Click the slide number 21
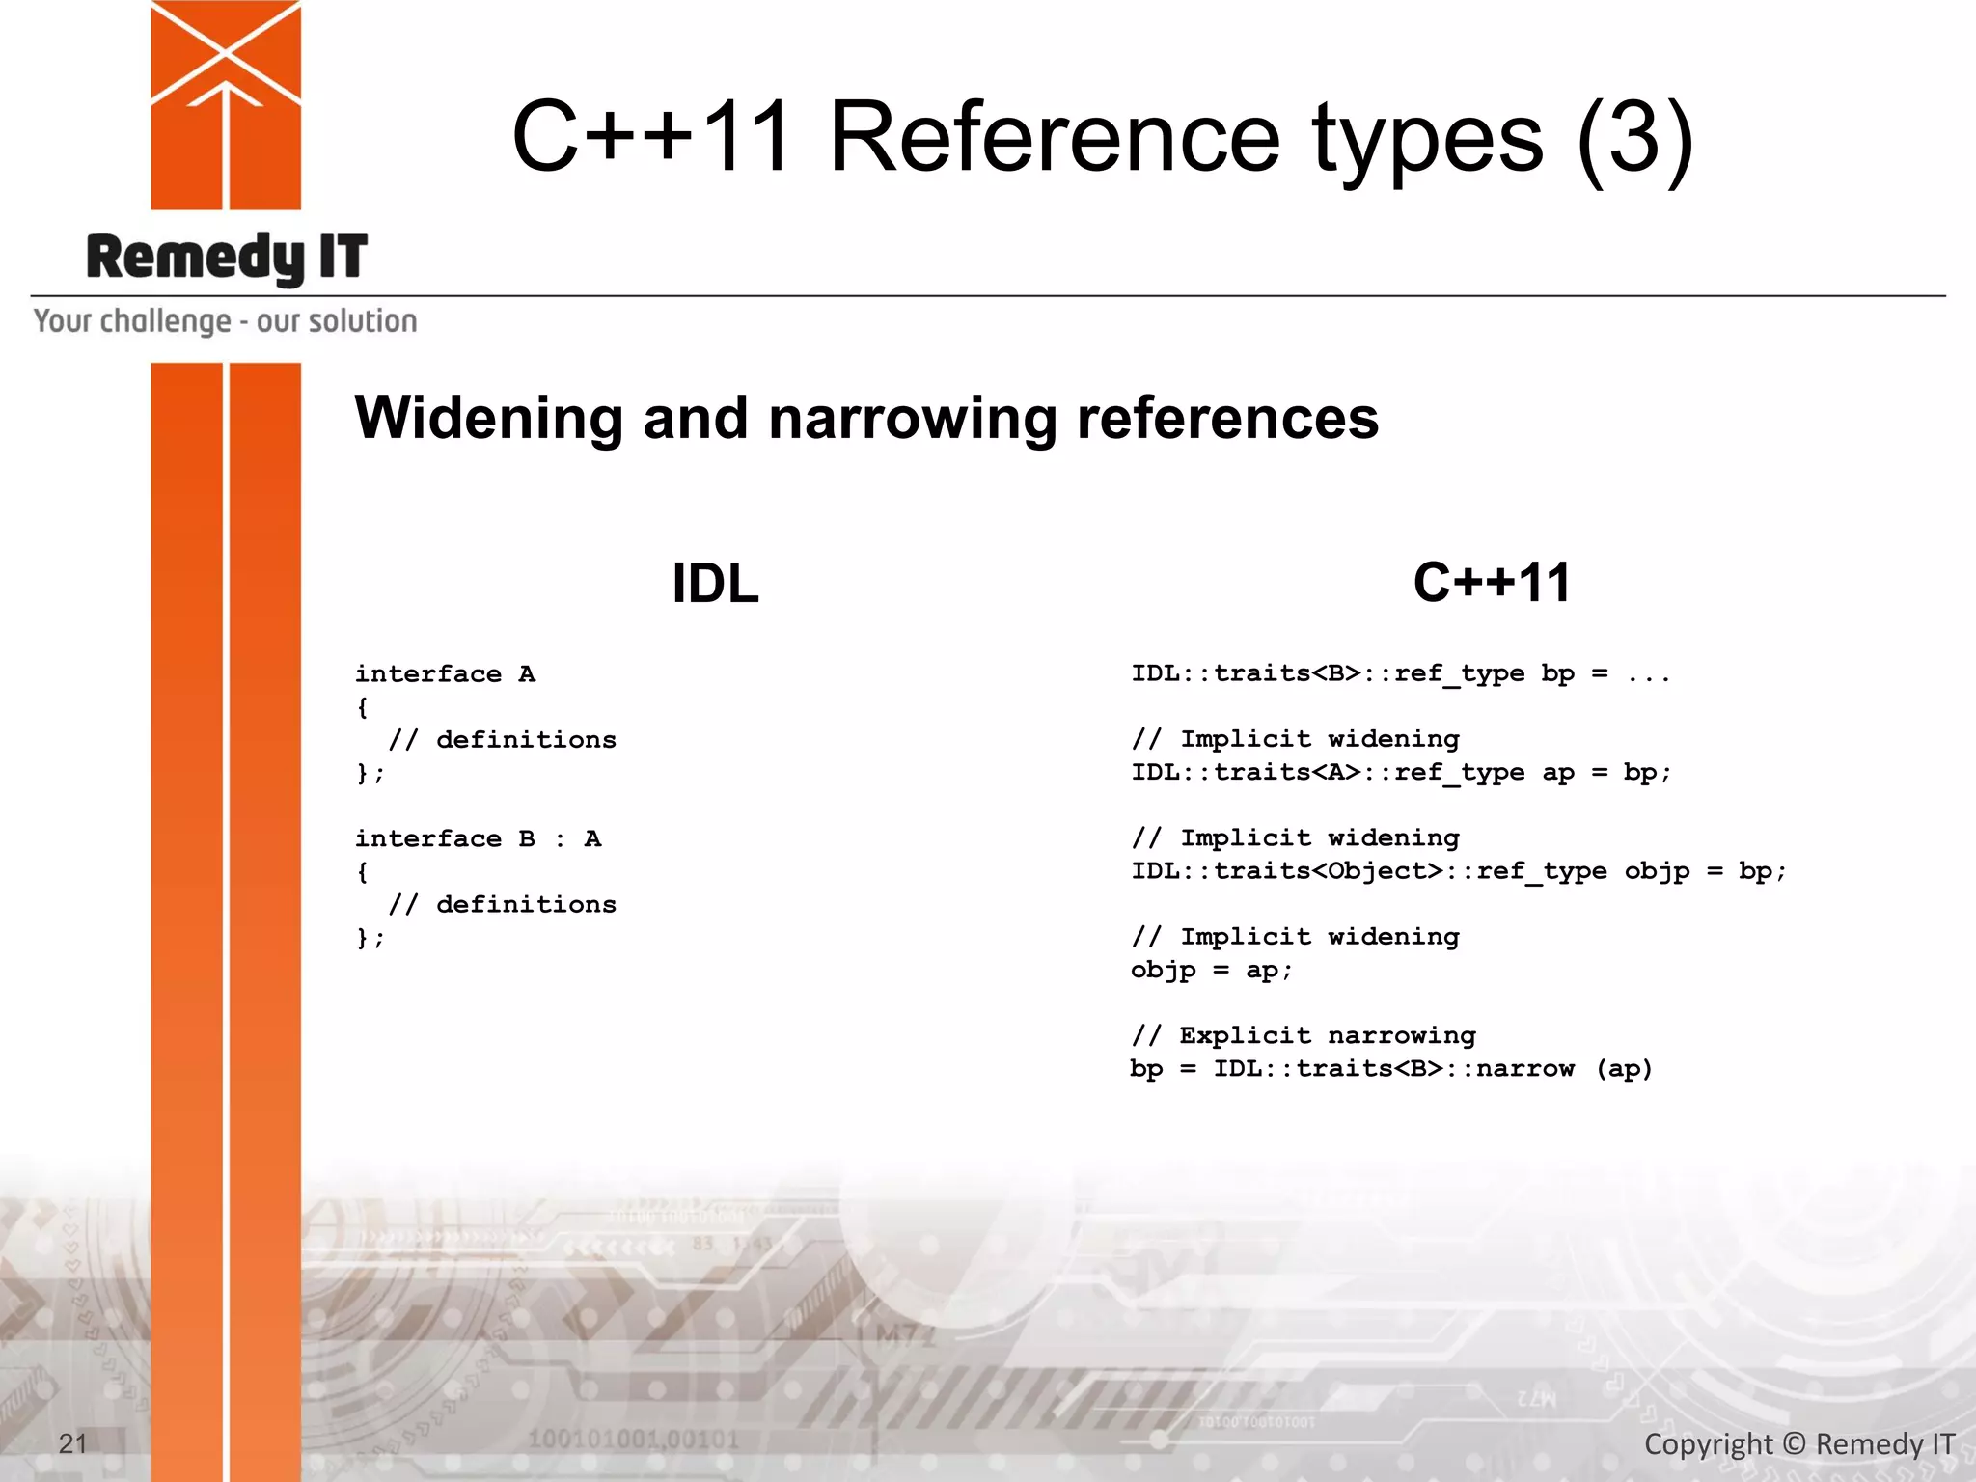pos(73,1443)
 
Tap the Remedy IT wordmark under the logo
pos(227,258)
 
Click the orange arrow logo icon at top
pos(226,104)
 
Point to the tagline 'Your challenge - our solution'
pos(226,321)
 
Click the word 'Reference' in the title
pos(1055,137)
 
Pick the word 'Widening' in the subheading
pos(488,418)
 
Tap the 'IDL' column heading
pos(715,584)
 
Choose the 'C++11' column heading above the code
pos(1492,583)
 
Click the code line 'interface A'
pos(445,673)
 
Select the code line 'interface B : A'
pos(478,838)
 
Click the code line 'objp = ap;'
pos(1211,970)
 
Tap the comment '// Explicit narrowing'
pos(1304,1035)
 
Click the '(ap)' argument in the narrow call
pos(1624,1069)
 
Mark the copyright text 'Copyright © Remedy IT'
pos(1798,1444)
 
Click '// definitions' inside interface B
pos(502,904)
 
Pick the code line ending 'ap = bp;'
pos(1401,772)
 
